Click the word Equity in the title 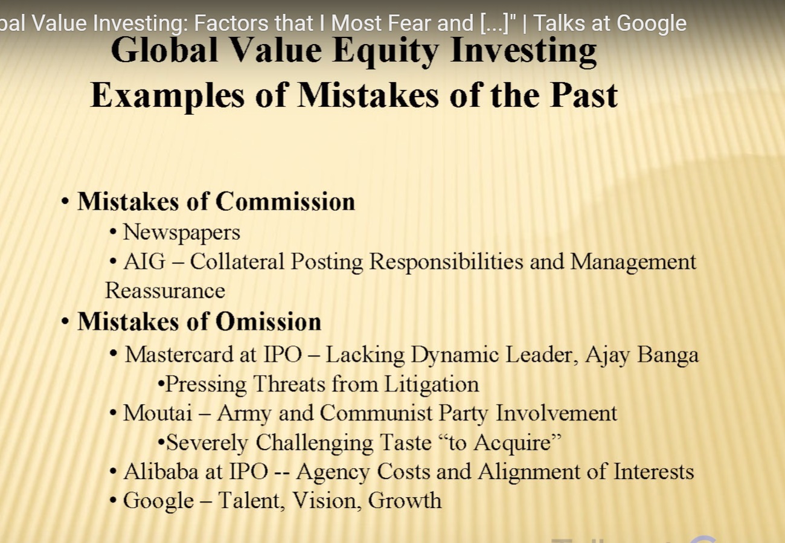click(x=386, y=51)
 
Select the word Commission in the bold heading click(x=285, y=202)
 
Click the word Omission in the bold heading click(x=269, y=321)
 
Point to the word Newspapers click(x=182, y=233)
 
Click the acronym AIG click(x=144, y=262)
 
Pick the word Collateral click(x=237, y=262)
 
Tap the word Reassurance click(x=165, y=291)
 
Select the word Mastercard click(x=179, y=355)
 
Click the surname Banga click(x=668, y=355)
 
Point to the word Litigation click(x=432, y=385)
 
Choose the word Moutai click(x=158, y=413)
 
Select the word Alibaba click(x=161, y=472)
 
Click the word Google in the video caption click(x=652, y=24)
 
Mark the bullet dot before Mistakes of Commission click(x=65, y=202)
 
